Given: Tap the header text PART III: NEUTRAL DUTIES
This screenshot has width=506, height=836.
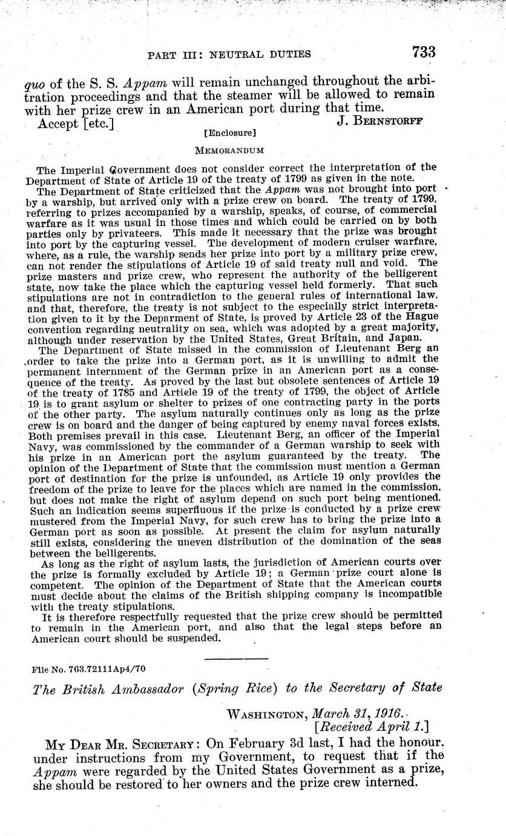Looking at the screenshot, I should pyautogui.click(x=229, y=55).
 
